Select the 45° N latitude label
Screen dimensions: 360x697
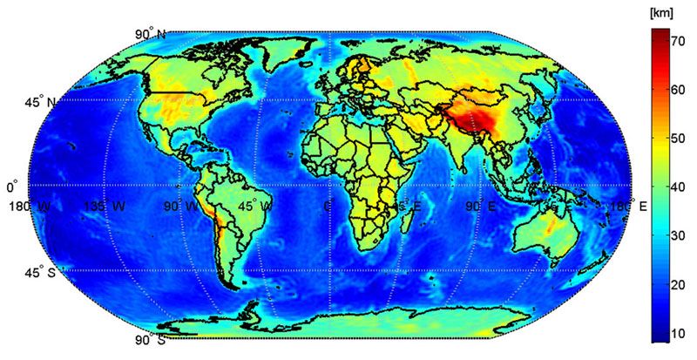coord(38,103)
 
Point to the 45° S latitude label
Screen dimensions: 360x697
coord(38,272)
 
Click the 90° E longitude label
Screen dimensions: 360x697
coord(480,207)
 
